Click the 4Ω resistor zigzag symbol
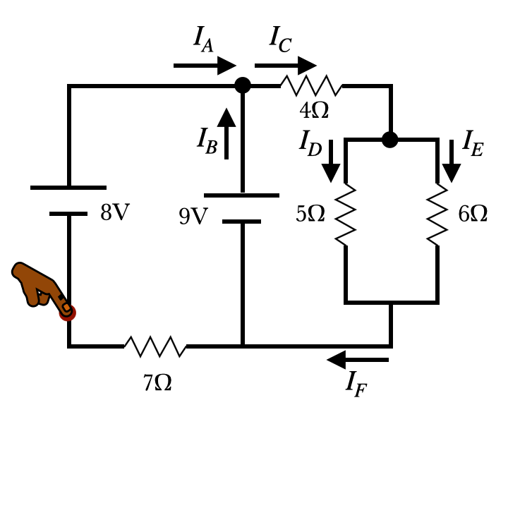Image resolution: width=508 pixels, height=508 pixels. click(311, 86)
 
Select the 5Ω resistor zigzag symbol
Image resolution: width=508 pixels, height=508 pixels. click(345, 214)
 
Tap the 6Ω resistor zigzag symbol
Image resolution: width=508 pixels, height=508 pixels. click(437, 214)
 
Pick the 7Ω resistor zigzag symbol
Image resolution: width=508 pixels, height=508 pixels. click(155, 346)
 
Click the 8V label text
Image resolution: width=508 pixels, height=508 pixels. click(115, 213)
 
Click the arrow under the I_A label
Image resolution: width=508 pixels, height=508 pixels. click(205, 66)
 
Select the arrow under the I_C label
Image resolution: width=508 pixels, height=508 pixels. click(286, 66)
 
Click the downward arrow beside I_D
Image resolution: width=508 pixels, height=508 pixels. click(331, 162)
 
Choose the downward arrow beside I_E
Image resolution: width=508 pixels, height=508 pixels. click(452, 162)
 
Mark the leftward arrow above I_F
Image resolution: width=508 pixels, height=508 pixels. click(358, 360)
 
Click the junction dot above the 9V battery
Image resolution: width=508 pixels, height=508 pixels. click(243, 85)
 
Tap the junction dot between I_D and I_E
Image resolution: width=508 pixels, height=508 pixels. click(390, 140)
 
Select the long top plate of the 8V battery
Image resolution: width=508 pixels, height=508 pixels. click(68, 188)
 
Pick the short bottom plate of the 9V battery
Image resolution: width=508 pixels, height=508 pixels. click(242, 222)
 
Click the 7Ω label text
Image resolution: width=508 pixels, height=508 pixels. click(157, 383)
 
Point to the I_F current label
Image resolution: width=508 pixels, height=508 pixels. click(356, 384)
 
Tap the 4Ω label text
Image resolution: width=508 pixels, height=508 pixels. click(314, 111)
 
